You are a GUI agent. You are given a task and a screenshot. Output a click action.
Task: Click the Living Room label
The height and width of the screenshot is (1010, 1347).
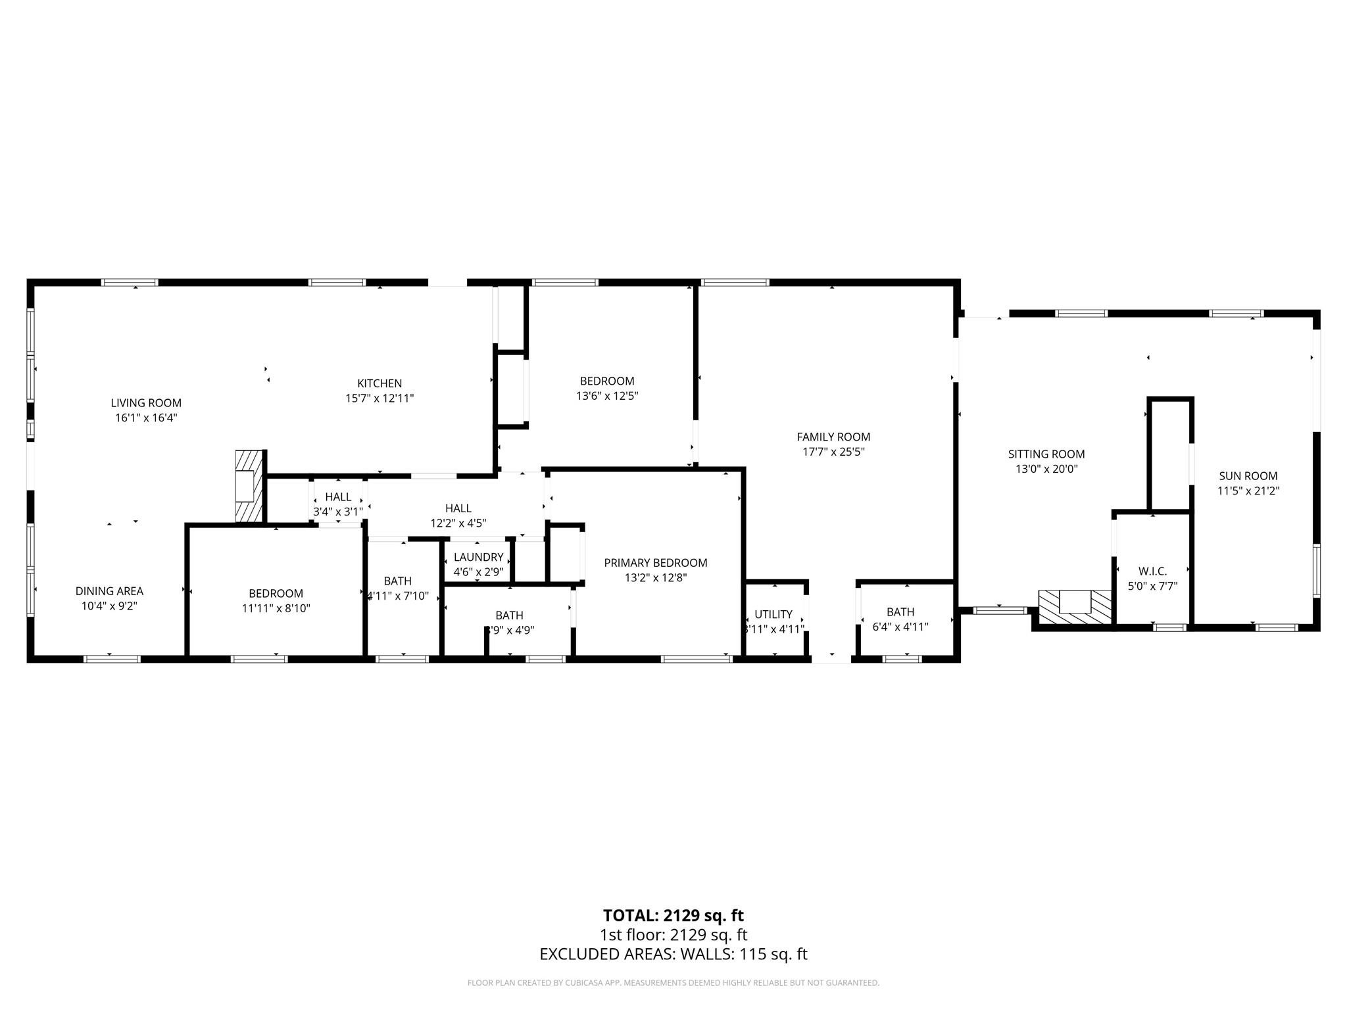145,403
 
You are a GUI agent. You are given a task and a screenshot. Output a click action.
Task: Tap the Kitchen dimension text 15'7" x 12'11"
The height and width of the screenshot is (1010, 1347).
380,398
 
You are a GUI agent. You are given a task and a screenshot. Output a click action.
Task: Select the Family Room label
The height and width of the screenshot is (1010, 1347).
833,437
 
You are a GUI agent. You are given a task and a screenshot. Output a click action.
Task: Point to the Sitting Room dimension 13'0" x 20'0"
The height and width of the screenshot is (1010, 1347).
1046,469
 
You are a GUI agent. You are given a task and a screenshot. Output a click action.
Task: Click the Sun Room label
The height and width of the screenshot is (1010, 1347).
1248,476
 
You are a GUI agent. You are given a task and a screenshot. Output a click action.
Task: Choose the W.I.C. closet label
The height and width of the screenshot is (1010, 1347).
1152,571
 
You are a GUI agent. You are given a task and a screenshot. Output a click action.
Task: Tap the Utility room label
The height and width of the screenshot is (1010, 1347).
773,614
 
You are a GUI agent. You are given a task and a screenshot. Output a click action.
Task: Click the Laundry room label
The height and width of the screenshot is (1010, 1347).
478,557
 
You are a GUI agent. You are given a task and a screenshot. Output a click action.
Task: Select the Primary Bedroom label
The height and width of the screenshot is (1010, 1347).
655,563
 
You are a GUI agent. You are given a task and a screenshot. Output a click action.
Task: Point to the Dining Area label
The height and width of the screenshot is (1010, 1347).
109,591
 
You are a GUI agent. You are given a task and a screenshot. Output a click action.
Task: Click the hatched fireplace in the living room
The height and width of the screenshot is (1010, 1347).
249,487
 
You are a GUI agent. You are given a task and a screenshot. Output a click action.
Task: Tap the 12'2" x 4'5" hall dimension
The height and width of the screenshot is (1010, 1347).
458,523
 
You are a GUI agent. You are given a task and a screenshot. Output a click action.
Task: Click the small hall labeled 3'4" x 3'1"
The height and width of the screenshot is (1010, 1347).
338,504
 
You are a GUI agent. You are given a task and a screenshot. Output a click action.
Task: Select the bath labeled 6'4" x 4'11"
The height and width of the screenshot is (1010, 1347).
900,619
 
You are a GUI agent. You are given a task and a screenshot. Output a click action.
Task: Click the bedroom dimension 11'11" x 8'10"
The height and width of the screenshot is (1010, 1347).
276,609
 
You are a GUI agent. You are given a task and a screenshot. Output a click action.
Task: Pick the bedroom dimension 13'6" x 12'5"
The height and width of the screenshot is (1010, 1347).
607,396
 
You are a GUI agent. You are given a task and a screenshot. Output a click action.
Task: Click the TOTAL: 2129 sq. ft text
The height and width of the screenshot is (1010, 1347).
673,915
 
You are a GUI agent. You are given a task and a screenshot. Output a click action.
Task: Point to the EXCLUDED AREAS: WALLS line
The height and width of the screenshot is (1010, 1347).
673,954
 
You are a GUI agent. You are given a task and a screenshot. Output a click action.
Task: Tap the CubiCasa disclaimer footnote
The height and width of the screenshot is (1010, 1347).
673,983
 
